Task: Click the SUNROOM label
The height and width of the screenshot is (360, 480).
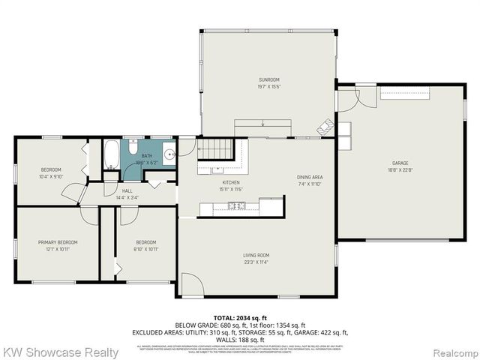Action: [268, 79]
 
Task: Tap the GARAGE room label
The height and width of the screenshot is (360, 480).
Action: [400, 163]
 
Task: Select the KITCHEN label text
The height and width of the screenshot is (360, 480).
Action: [230, 182]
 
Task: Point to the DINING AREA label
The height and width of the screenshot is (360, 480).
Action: [308, 178]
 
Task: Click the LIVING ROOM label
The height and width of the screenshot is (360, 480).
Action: [256, 256]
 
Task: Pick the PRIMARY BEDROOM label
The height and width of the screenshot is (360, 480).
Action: [58, 242]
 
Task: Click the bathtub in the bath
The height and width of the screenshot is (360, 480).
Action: [112, 154]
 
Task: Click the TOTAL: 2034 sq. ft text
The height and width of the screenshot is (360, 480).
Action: [240, 318]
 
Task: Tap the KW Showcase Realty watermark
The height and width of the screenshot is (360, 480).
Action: [60, 352]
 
